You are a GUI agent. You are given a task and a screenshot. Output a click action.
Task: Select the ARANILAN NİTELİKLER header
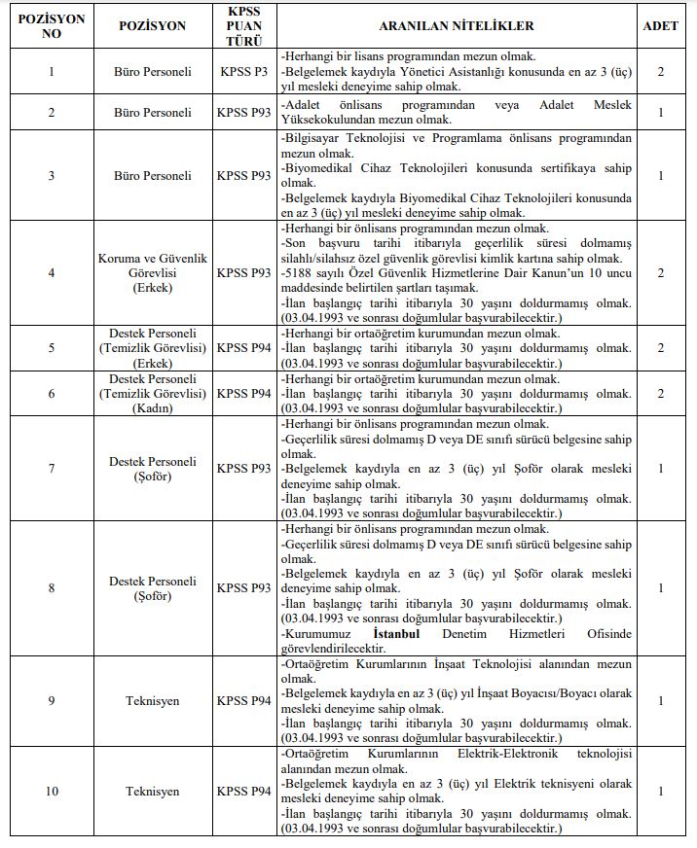pos(456,25)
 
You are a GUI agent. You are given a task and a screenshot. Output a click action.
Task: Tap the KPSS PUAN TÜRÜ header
pos(244,25)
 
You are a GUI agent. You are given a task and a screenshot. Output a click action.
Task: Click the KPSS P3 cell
pos(244,72)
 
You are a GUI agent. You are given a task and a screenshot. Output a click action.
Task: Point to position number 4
pos(52,273)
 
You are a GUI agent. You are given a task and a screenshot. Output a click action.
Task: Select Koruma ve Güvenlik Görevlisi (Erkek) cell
pos(152,273)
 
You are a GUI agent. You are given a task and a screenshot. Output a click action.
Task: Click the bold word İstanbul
pos(397,634)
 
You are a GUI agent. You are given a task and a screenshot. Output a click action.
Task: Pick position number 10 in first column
pos(52,792)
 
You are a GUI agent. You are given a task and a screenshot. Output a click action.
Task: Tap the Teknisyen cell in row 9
pos(152,701)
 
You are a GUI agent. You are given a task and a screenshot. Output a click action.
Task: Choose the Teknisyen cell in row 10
pos(152,792)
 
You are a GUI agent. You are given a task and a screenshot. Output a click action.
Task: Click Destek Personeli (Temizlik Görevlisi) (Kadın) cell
pos(152,393)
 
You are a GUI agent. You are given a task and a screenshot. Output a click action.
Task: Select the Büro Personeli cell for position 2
pos(152,113)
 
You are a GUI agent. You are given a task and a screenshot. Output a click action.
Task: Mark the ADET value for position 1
pos(661,72)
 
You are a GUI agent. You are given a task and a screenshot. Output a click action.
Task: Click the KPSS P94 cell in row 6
pos(244,393)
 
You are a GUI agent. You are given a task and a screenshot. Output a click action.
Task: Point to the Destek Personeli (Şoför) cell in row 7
pos(152,469)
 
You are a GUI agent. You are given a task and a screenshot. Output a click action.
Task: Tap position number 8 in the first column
pos(52,588)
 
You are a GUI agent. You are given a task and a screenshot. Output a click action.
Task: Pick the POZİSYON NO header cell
pos(52,25)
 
